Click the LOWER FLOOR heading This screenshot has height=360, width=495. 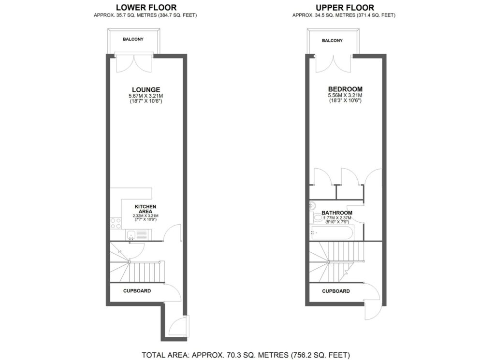click(x=146, y=7)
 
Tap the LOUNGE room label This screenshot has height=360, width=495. click(x=146, y=89)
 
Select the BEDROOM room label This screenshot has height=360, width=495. click(x=345, y=89)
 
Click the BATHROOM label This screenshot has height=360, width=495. click(x=337, y=213)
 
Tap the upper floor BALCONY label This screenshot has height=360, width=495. click(x=332, y=41)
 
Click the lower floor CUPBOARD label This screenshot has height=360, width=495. click(x=137, y=291)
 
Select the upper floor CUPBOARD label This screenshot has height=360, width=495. click(x=336, y=291)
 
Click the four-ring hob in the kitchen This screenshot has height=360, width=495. click(x=116, y=223)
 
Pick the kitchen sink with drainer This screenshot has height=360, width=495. click(x=138, y=235)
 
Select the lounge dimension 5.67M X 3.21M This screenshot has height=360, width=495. click(x=146, y=96)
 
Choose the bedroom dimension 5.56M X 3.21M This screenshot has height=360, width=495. click(x=345, y=96)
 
